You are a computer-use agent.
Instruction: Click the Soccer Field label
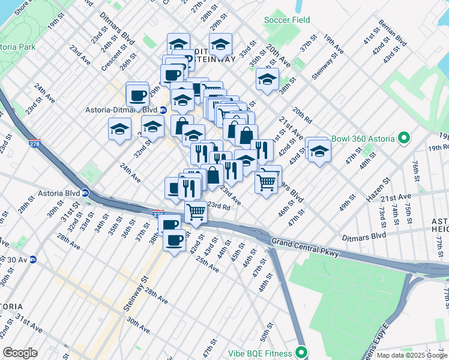(287, 20)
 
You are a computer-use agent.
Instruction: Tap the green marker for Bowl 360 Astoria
(404, 139)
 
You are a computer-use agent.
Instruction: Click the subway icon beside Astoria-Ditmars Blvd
(155, 110)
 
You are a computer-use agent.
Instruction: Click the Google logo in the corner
(20, 353)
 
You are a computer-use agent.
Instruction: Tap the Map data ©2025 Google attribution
(412, 355)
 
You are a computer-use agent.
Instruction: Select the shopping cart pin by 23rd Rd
(196, 212)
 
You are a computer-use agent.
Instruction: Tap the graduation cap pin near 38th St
(267, 79)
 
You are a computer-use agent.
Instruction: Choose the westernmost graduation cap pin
(119, 128)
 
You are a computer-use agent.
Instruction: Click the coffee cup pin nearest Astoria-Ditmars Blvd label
(137, 95)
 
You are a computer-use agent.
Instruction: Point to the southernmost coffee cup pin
(175, 241)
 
